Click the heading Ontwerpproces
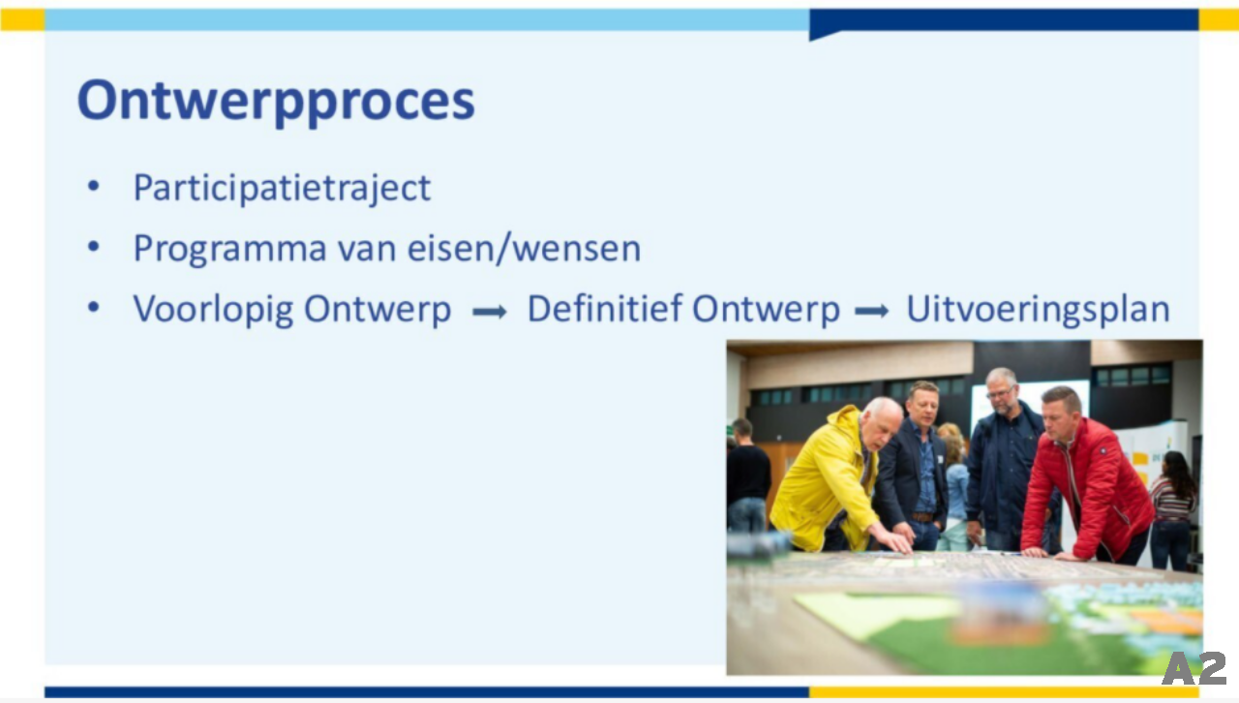point(276,102)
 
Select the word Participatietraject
point(282,188)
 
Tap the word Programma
point(230,250)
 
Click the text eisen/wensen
point(524,249)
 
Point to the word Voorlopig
point(214,310)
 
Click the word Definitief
point(605,308)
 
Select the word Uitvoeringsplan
point(1039,310)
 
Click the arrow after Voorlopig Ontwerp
point(490,312)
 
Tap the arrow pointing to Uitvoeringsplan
point(872,311)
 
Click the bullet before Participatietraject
point(94,186)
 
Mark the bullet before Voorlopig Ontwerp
point(94,307)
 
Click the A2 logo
point(1194,668)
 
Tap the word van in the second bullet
point(367,250)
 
